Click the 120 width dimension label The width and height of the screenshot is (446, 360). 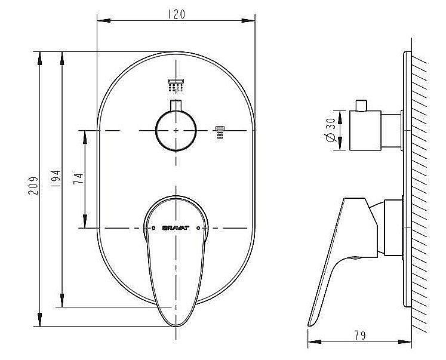pyautogui.click(x=176, y=14)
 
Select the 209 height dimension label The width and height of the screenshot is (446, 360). pyautogui.click(x=33, y=186)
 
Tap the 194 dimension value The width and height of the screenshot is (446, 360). pyautogui.click(x=56, y=179)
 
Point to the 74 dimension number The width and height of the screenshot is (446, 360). pyautogui.click(x=78, y=179)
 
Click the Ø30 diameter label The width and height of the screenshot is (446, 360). pyautogui.click(x=331, y=130)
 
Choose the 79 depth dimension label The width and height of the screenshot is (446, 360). pyautogui.click(x=360, y=335)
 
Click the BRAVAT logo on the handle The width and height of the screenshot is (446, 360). pyautogui.click(x=176, y=228)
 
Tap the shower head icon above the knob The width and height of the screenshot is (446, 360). pyautogui.click(x=176, y=85)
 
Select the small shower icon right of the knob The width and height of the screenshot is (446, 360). pyautogui.click(x=220, y=132)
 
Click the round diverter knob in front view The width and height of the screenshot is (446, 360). pyautogui.click(x=176, y=131)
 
